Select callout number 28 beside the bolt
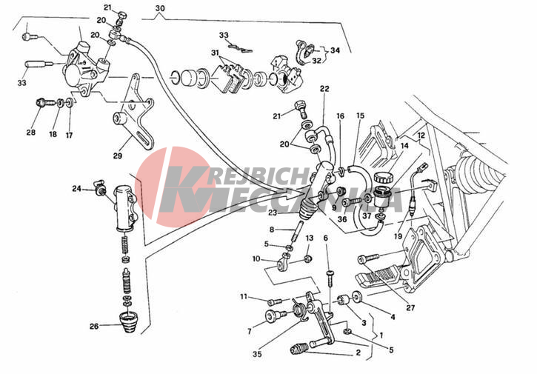click(x=30, y=133)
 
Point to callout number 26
click(x=94, y=326)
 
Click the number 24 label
click(x=76, y=189)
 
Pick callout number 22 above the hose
click(x=324, y=89)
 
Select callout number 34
click(x=335, y=50)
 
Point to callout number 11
click(x=243, y=297)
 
